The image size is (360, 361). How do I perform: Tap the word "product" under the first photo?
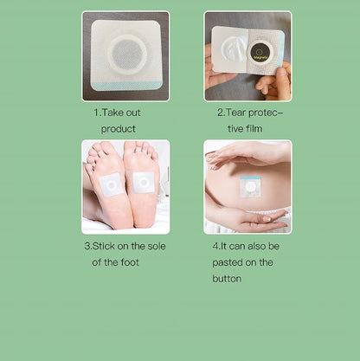click(119, 129)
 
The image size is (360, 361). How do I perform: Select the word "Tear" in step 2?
click(235, 113)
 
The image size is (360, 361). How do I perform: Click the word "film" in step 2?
click(254, 128)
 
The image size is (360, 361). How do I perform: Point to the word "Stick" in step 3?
click(104, 246)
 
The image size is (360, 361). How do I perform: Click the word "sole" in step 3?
click(157, 246)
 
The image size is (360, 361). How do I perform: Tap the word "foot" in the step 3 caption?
click(130, 262)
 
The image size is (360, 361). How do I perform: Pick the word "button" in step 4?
click(227, 279)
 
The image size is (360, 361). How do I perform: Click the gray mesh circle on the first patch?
click(127, 55)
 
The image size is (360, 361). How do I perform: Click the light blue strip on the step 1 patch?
click(125, 86)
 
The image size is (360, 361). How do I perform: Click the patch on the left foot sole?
click(110, 185)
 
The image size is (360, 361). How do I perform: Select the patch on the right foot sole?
click(144, 182)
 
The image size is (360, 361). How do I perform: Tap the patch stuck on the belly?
click(250, 186)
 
